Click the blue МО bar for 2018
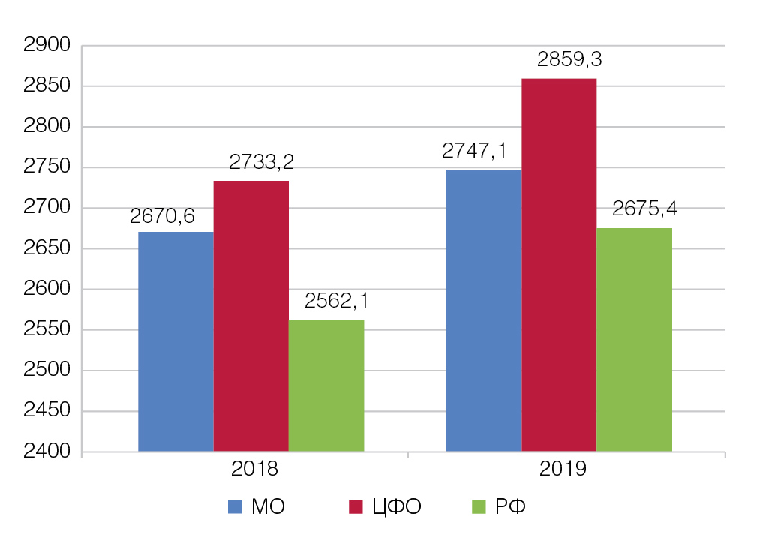pyautogui.click(x=176, y=341)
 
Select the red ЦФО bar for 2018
pyautogui.click(x=251, y=316)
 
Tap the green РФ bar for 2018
pyautogui.click(x=326, y=386)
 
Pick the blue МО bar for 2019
pyautogui.click(x=484, y=310)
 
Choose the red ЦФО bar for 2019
pyautogui.click(x=559, y=264)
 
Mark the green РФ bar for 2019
pyautogui.click(x=635, y=339)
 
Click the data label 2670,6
pyautogui.click(x=162, y=216)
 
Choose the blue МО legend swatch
pyautogui.click(x=235, y=507)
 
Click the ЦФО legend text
pyautogui.click(x=396, y=507)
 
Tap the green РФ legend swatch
pyautogui.click(x=479, y=507)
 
